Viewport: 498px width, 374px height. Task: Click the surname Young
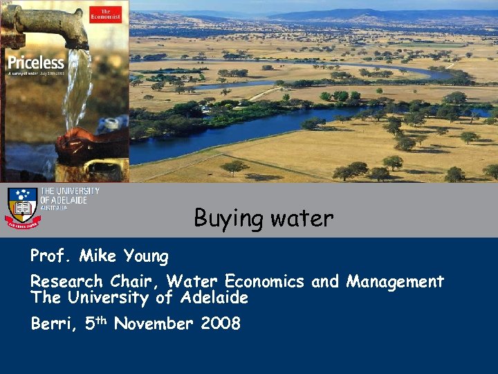coord(146,257)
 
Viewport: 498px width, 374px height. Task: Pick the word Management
coord(395,282)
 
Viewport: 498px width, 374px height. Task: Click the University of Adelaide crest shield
coord(22,205)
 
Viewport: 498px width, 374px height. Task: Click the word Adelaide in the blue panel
coord(214,299)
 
